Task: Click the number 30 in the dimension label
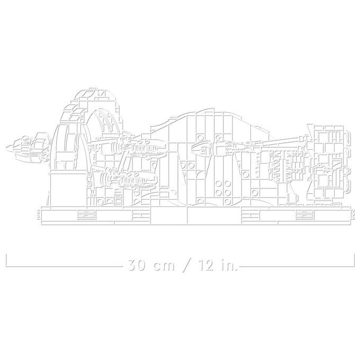tap(137, 265)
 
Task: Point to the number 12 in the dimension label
tap(206, 265)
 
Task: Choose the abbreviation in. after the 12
tap(229, 265)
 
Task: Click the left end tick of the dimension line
tap(6, 260)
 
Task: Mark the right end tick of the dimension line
tap(354, 260)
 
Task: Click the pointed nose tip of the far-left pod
tap(6, 147)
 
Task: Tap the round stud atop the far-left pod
tap(25, 138)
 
